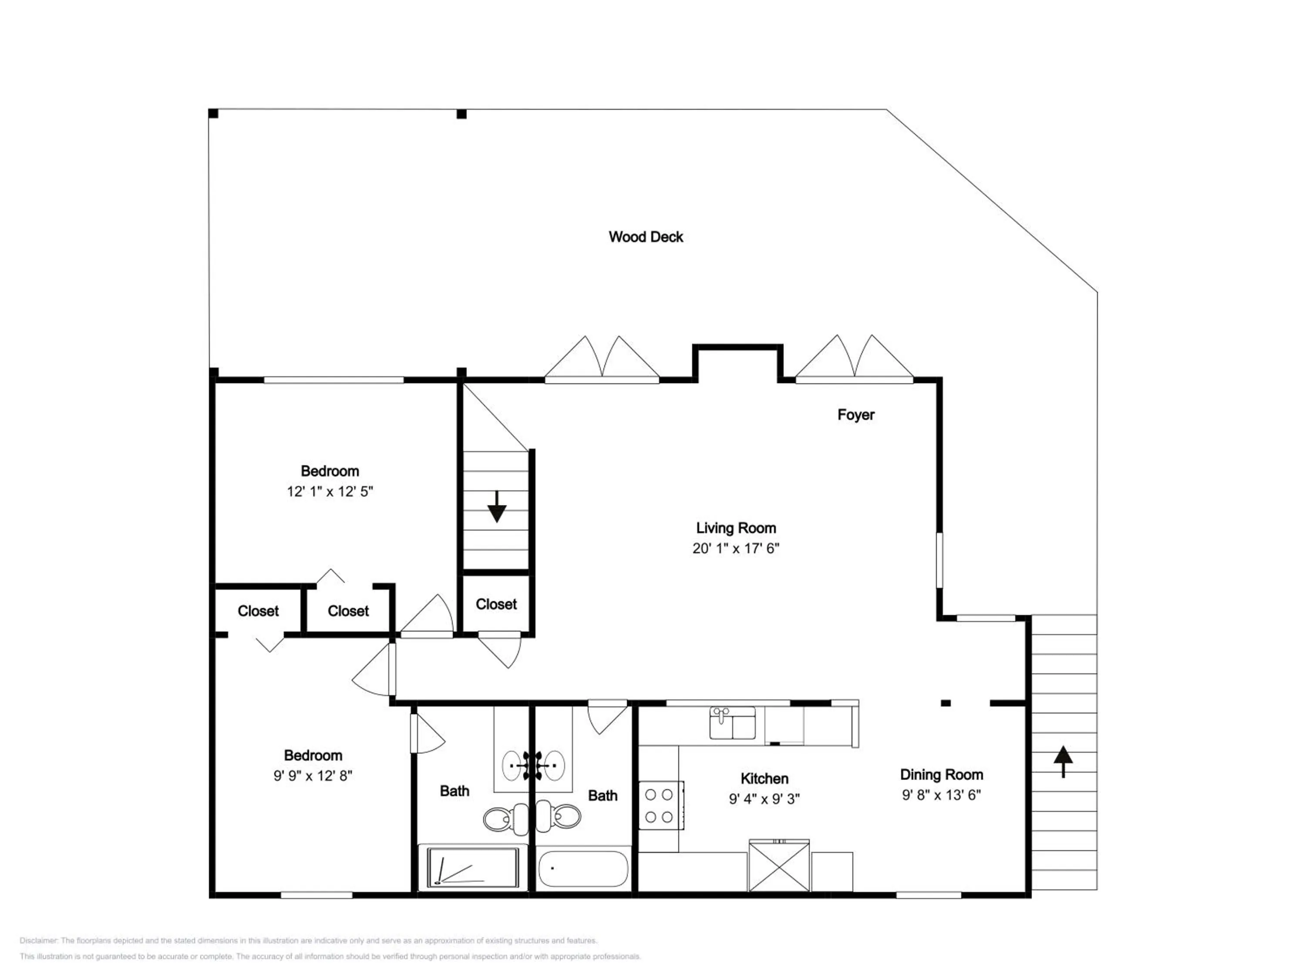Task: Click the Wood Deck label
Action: (646, 237)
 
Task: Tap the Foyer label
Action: (855, 415)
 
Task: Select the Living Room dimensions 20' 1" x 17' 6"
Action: (736, 548)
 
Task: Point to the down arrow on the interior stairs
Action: (497, 506)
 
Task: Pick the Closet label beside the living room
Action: (496, 604)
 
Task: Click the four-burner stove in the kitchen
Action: (661, 805)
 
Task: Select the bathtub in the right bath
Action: (583, 869)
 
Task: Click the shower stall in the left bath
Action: (473, 867)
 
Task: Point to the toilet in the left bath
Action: (506, 819)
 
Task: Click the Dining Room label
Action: (941, 774)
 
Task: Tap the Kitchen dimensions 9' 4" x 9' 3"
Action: (764, 799)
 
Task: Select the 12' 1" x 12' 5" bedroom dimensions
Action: (330, 491)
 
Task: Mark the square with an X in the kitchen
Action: (779, 866)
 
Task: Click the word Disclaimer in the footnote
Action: (38, 941)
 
